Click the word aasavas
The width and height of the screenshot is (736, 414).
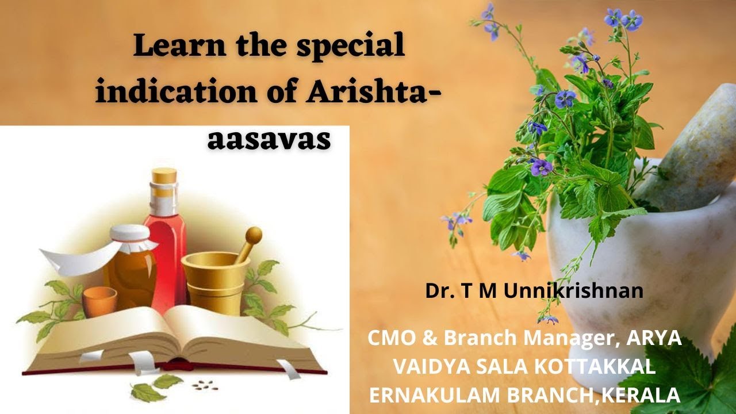coord(269,139)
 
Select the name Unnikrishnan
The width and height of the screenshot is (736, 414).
coord(573,291)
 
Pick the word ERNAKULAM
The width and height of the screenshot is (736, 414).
coord(429,395)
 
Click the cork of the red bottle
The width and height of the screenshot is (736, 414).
coord(164,182)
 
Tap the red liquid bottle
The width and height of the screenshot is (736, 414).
coord(165,247)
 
